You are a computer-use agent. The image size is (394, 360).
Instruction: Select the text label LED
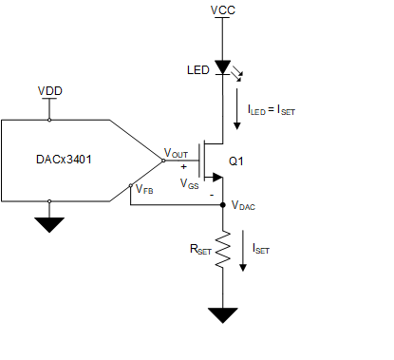tap(197, 70)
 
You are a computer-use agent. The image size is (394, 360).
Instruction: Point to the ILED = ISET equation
tap(271, 109)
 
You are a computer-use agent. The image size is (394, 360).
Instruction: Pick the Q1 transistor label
tap(235, 161)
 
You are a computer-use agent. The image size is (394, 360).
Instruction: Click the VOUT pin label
tap(177, 152)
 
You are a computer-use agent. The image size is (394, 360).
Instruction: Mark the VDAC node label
tap(244, 205)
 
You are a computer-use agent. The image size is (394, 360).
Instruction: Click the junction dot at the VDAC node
tap(221, 202)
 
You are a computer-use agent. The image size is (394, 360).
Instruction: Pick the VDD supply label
tap(48, 91)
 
